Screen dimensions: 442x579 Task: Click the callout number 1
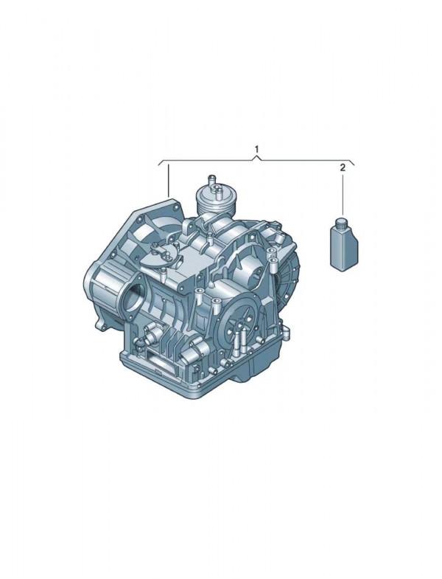pos(257,149)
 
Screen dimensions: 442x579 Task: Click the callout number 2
pos(343,168)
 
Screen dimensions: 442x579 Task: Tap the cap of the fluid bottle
pos(340,223)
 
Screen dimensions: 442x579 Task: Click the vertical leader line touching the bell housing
pos(168,181)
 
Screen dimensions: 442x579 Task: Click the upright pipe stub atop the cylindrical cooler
pos(211,181)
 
